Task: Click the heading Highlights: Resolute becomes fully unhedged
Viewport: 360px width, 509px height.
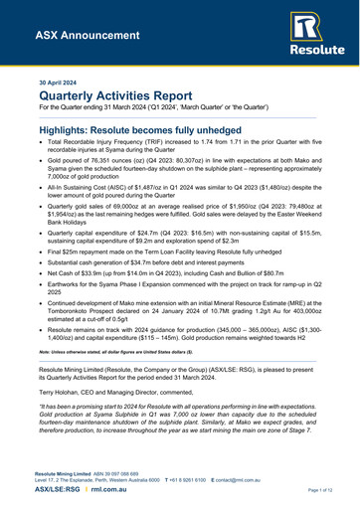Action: coord(159,130)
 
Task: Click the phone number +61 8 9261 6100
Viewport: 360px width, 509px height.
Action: coord(192,482)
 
